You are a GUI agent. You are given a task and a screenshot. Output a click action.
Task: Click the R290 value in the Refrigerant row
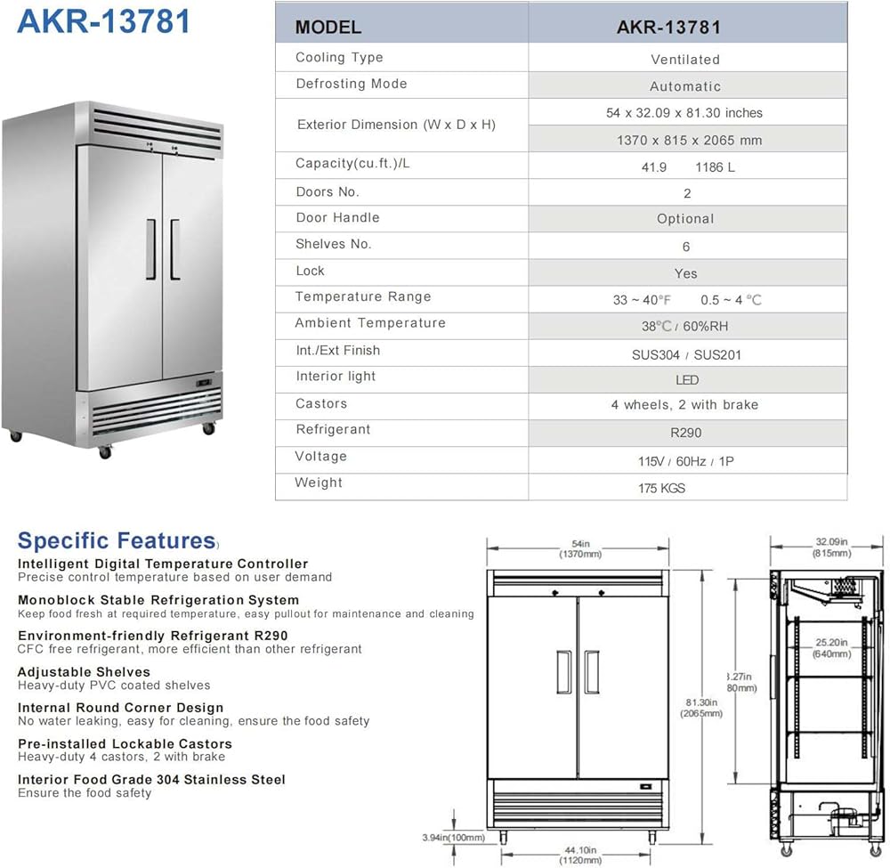(685, 433)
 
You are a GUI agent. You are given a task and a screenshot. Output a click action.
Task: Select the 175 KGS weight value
(661, 488)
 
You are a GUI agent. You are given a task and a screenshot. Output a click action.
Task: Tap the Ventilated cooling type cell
(685, 60)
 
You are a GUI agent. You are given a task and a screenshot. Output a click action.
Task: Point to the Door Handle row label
(337, 217)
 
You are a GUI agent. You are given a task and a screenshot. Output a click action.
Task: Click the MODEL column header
(328, 27)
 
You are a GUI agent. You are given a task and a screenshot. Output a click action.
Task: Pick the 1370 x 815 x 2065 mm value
(689, 141)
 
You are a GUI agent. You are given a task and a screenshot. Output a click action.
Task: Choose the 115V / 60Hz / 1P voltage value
(685, 461)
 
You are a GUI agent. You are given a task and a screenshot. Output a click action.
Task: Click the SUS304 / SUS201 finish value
(686, 355)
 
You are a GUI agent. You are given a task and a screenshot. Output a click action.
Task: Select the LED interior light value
(687, 380)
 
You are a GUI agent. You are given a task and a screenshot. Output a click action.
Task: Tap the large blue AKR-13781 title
(104, 21)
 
